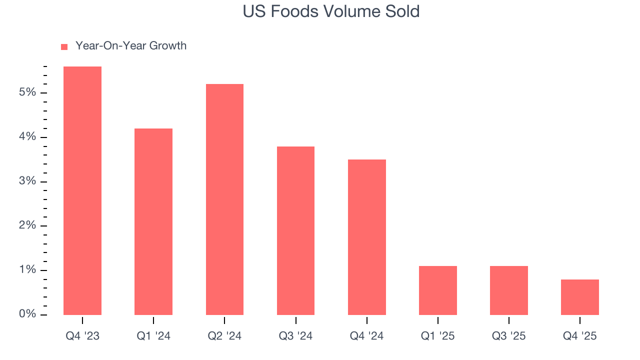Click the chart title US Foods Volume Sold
coord(331,11)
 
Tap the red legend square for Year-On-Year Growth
coord(64,47)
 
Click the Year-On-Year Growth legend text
coord(130,46)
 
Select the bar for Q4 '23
coord(82,190)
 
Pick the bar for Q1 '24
coord(153,221)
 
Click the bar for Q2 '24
coord(224,199)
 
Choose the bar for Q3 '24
coord(295,230)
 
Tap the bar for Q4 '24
coord(366,237)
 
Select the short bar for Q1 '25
coord(437,290)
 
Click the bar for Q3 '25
coord(508,290)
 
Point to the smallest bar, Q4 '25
coord(579,297)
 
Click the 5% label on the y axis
coord(27,93)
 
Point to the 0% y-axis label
coord(27,314)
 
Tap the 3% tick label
coord(27,181)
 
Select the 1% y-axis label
coord(27,270)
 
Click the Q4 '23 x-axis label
coord(82,336)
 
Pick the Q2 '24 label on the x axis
coord(224,336)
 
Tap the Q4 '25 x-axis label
coord(579,336)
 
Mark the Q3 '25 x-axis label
coord(508,336)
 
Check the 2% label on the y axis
coord(27,226)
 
